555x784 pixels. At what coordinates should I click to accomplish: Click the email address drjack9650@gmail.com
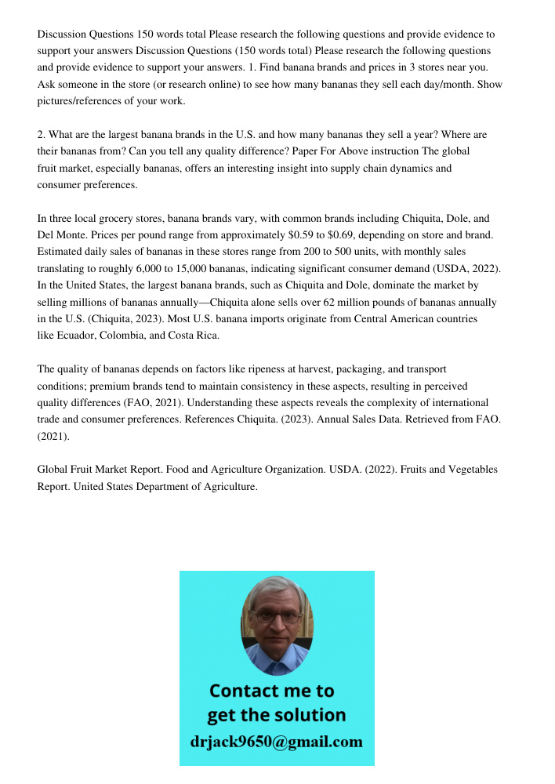pyautogui.click(x=277, y=742)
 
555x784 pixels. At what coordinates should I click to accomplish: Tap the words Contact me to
pyautogui.click(x=272, y=691)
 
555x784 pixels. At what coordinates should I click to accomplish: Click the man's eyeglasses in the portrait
pyautogui.click(x=277, y=617)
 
